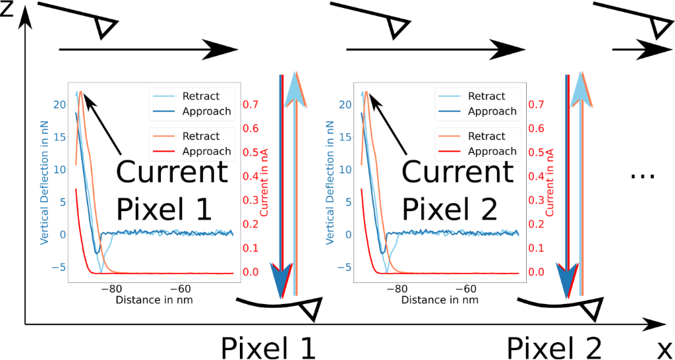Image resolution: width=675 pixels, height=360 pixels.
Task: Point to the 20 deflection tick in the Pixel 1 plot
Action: [x=59, y=104]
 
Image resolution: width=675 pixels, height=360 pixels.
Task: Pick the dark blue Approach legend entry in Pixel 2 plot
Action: [x=477, y=111]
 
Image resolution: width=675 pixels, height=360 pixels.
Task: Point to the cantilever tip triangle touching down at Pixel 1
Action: [x=308, y=309]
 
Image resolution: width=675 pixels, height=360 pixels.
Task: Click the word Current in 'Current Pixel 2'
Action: [x=457, y=173]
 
